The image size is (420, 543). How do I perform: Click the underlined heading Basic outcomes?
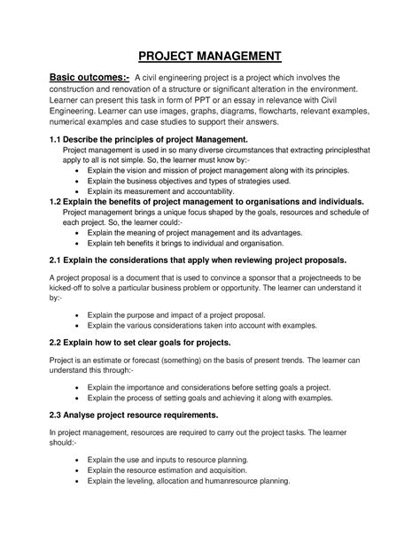pyautogui.click(x=77, y=82)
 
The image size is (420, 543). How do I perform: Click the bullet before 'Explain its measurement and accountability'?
pyautogui.click(x=81, y=190)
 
